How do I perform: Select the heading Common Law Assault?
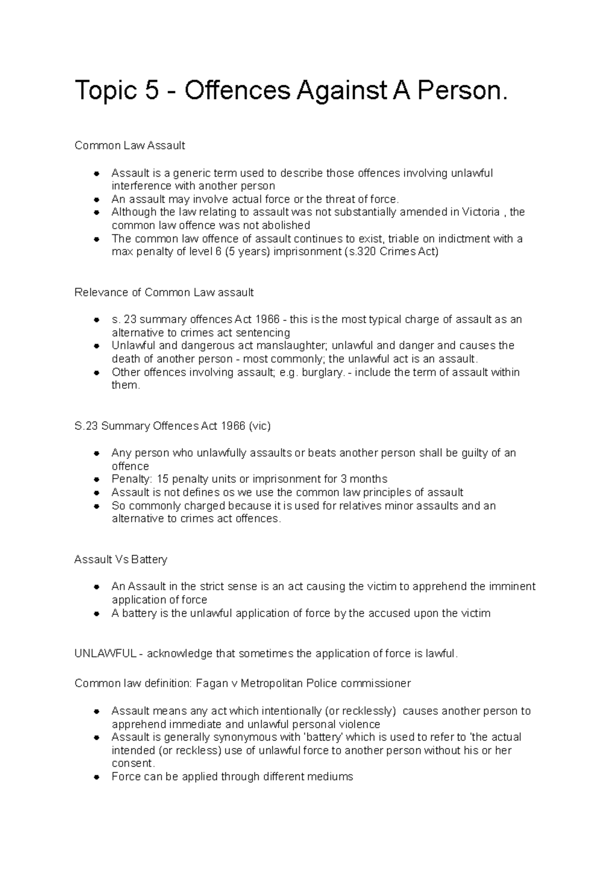(x=129, y=145)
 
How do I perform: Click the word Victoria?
(x=480, y=212)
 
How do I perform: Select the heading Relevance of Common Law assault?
(x=164, y=292)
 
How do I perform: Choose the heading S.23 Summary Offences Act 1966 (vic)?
(x=172, y=426)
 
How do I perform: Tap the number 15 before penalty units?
(x=162, y=479)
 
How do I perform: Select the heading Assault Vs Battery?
(x=121, y=559)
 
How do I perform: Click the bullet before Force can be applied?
(x=96, y=777)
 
